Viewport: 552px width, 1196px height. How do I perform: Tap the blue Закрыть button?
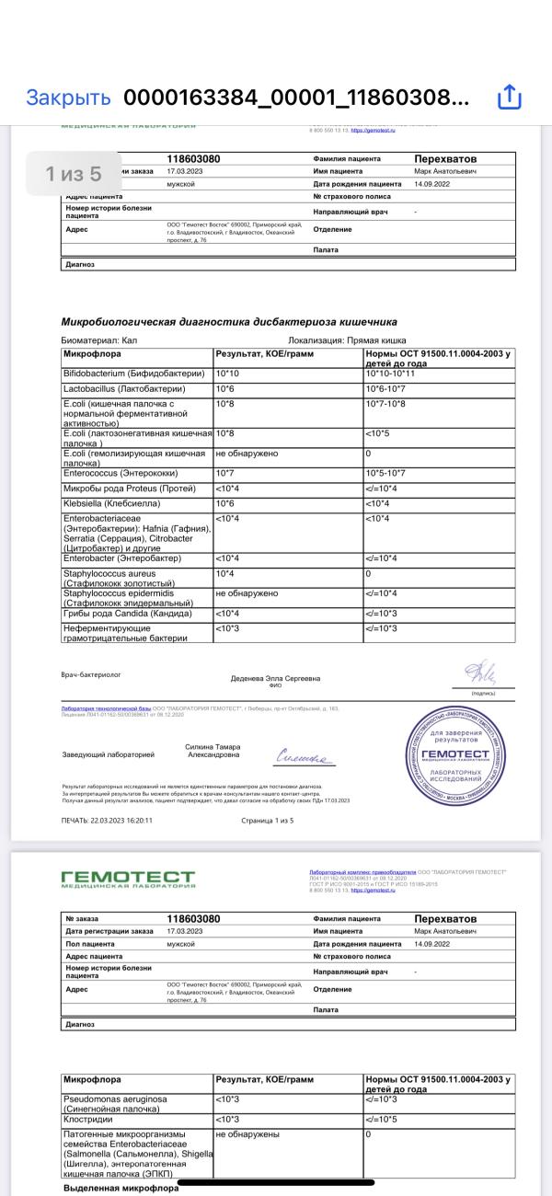tap(68, 98)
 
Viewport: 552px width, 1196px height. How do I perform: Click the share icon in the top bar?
tap(510, 98)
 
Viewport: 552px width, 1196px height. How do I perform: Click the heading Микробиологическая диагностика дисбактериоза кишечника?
tap(229, 322)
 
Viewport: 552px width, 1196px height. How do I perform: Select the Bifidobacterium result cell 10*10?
tap(226, 374)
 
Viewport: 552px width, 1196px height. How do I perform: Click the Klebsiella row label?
tap(111, 504)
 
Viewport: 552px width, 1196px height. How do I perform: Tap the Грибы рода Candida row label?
tap(127, 614)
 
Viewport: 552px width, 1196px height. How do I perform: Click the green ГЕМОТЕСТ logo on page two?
tap(128, 880)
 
